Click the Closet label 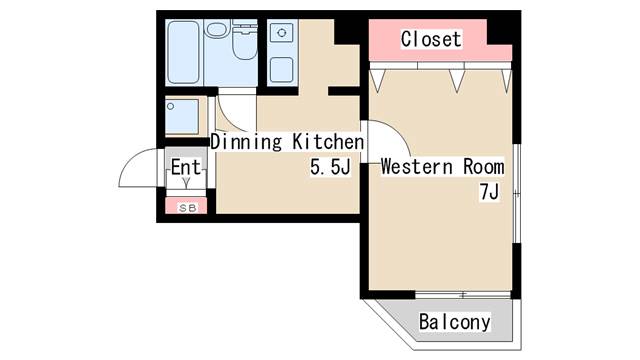(431, 39)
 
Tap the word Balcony (455, 322)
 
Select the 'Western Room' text (441, 167)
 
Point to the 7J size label (489, 193)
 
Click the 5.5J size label (329, 168)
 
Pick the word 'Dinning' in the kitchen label (245, 141)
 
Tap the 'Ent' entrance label (185, 167)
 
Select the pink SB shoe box (186, 207)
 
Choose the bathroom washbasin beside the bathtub (217, 29)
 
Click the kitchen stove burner (282, 34)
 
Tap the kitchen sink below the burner (281, 69)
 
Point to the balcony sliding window (464, 294)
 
